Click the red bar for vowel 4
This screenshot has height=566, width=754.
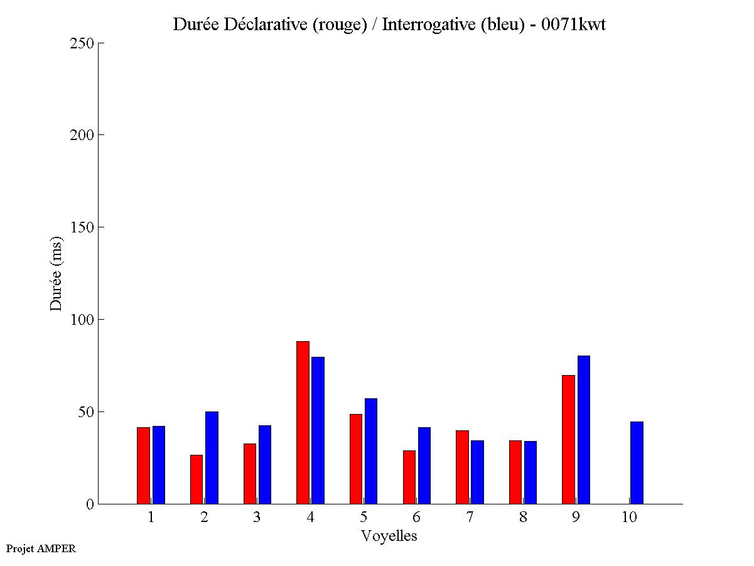click(303, 422)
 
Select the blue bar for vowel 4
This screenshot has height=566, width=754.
click(318, 430)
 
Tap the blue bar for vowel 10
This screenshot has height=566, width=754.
click(637, 462)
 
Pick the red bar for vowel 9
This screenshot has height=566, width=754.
click(568, 439)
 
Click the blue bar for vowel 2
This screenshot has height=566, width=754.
click(212, 457)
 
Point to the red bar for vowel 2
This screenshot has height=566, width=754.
click(197, 479)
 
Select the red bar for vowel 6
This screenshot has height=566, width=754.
click(409, 477)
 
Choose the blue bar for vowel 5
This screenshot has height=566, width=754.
click(371, 451)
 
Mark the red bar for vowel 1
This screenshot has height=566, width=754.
click(143, 465)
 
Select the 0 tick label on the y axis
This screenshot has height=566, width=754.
click(90, 504)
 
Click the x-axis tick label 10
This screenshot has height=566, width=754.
click(629, 517)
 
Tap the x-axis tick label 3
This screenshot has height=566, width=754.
click(257, 517)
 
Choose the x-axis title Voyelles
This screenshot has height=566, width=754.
click(389, 536)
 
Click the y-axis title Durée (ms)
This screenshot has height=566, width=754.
click(57, 273)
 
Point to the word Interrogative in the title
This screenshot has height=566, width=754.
click(424, 24)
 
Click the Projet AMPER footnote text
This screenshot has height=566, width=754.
click(41, 548)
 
